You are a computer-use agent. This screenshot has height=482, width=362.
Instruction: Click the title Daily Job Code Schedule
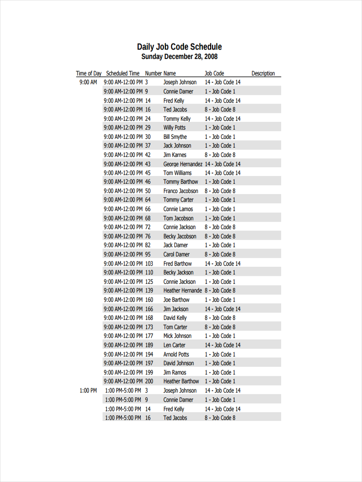point(179,47)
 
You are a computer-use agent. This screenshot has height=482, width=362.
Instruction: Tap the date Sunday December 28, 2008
point(179,57)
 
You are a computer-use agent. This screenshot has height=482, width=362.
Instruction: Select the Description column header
point(263,74)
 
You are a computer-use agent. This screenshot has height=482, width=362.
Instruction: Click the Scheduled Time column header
point(123,74)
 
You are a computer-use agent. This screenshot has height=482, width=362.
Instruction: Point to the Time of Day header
point(89,74)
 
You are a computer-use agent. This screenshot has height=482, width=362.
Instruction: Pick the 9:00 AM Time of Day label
point(88,82)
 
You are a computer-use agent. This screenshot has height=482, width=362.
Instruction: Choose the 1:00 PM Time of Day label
point(88,390)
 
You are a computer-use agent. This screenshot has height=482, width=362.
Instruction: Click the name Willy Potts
point(175,128)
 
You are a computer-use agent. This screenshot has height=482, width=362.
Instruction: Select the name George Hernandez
point(183,164)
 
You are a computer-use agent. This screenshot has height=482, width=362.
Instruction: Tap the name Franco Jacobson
point(181,191)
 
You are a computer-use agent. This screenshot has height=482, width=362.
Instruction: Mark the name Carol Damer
point(176,254)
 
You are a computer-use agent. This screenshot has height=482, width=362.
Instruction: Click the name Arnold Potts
point(176,354)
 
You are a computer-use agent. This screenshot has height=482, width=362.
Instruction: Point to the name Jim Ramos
point(175,372)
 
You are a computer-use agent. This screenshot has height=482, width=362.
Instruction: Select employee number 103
point(149,263)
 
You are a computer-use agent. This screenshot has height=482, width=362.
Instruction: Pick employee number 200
point(149,381)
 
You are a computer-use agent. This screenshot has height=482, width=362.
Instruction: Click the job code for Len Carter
point(222,345)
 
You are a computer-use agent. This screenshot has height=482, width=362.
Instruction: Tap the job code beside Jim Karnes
point(220,155)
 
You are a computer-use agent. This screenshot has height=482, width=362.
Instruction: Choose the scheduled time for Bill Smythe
point(123,137)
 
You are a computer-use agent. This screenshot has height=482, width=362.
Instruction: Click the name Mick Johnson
point(177,336)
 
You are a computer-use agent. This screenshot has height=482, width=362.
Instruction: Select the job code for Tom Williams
point(222,173)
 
